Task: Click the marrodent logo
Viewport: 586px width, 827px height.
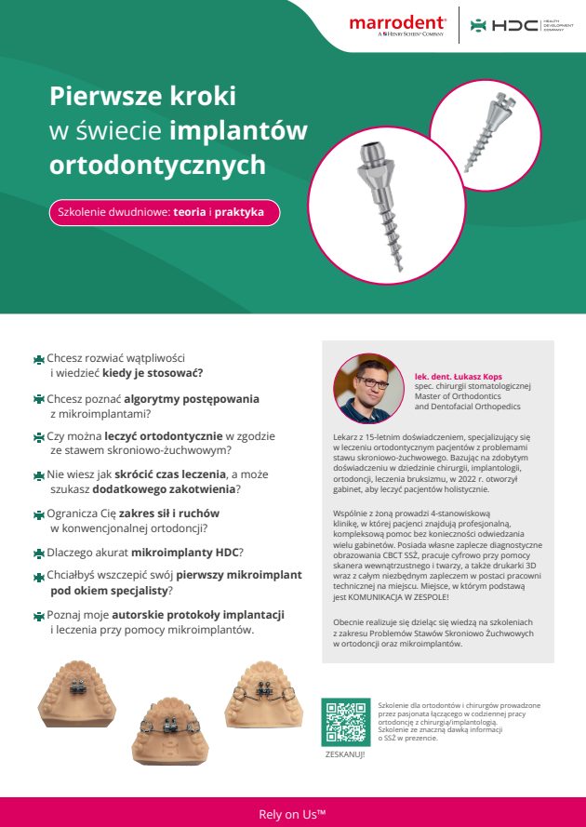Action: pos(398,23)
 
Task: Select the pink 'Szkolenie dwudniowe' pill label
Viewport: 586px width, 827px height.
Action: pos(164,212)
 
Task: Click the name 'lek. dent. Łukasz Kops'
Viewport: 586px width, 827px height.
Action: pos(459,377)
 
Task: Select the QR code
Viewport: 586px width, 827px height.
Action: pos(345,721)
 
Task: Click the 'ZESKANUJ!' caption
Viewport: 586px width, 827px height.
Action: pos(345,754)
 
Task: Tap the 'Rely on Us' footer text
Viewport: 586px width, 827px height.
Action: pos(292,814)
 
